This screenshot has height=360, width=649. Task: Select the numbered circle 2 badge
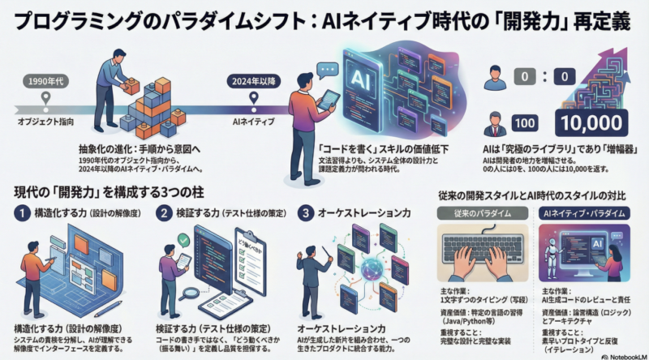pos(164,212)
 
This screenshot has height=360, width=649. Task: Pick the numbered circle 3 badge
pos(306,212)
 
